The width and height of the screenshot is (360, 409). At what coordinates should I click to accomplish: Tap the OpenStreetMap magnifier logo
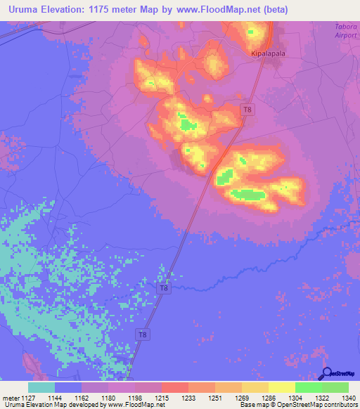coord(326,374)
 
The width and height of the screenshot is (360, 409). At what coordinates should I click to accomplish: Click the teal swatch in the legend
coord(41,387)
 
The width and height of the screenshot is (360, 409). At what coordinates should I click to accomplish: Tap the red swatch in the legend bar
coord(175,387)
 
